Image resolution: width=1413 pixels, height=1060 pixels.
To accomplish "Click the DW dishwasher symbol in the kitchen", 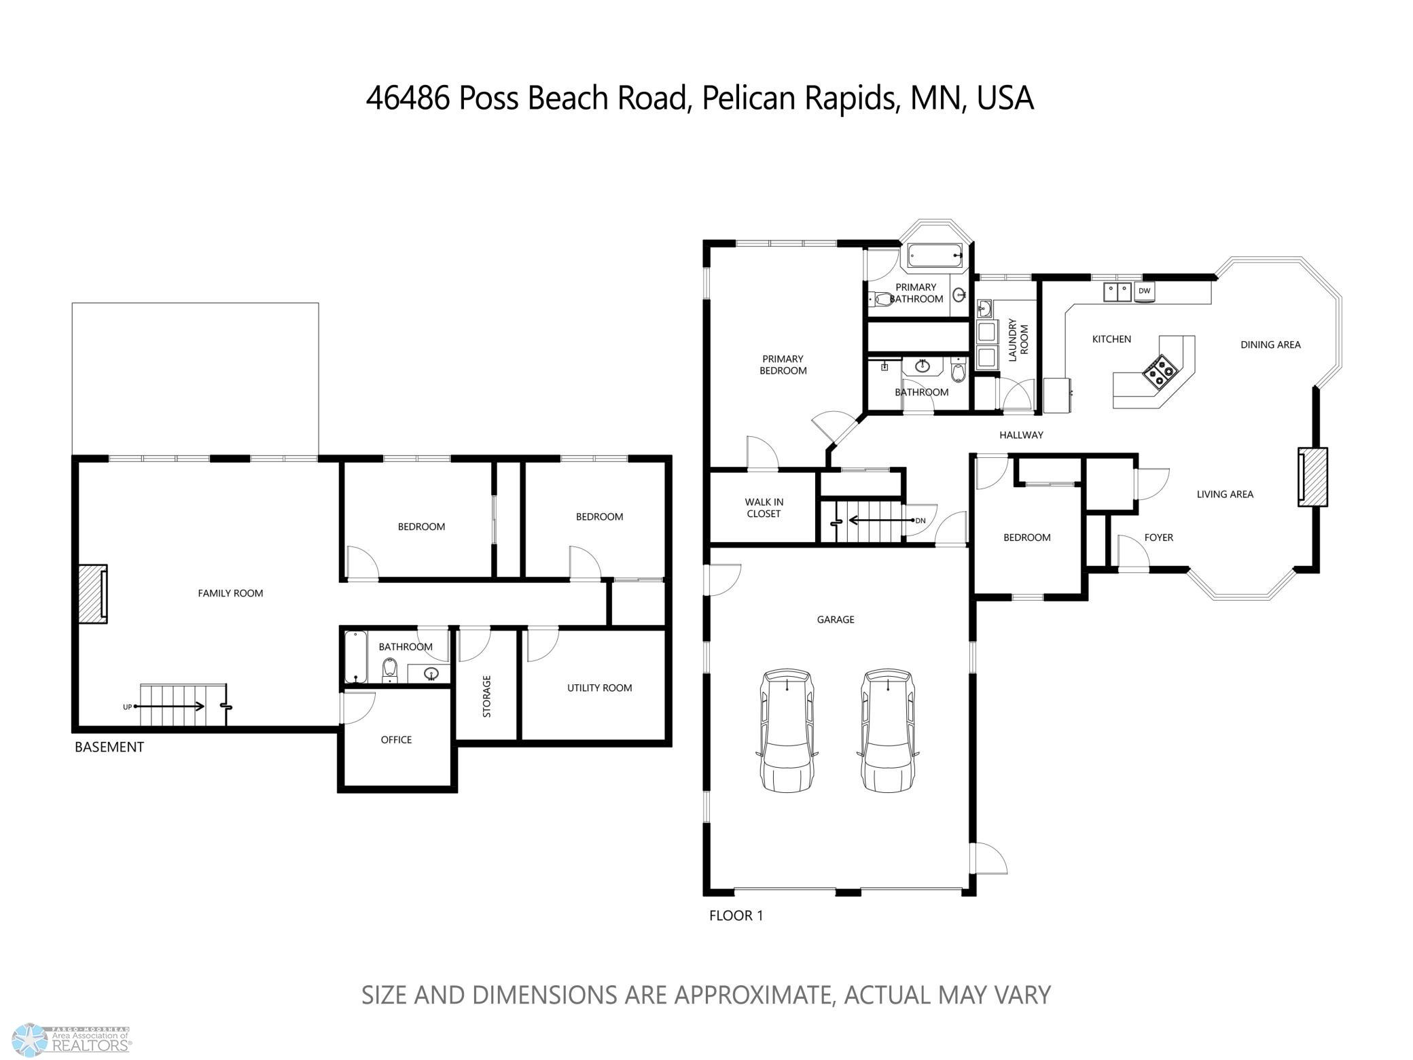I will click(x=1145, y=291).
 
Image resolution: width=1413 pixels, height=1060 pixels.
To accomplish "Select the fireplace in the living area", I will click(x=1312, y=476).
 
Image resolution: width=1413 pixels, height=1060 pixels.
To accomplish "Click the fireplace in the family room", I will click(x=92, y=593).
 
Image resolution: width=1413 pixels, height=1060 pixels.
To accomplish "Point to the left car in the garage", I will click(x=787, y=730).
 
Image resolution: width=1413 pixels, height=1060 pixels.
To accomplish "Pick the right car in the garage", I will click(x=889, y=730).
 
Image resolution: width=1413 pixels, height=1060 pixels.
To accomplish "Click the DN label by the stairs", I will click(x=920, y=520).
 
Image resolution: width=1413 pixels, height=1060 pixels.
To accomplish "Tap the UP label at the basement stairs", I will click(x=127, y=707).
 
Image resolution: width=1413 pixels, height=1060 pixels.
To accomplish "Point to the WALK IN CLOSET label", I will click(x=764, y=508).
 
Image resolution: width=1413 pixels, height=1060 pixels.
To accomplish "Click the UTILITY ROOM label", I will click(x=599, y=688).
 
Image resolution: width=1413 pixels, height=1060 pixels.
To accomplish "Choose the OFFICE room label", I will click(x=396, y=739).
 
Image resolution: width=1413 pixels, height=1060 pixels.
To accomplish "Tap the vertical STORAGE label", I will click(x=486, y=696).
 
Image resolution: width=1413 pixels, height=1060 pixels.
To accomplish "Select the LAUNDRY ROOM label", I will click(x=1018, y=340).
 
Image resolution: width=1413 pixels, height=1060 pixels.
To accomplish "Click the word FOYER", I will click(x=1158, y=537).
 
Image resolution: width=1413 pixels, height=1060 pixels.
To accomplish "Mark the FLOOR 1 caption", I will click(x=736, y=915).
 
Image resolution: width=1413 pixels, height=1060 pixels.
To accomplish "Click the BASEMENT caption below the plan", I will click(x=109, y=747).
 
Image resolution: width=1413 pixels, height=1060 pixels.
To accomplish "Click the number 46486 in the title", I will click(x=408, y=98).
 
